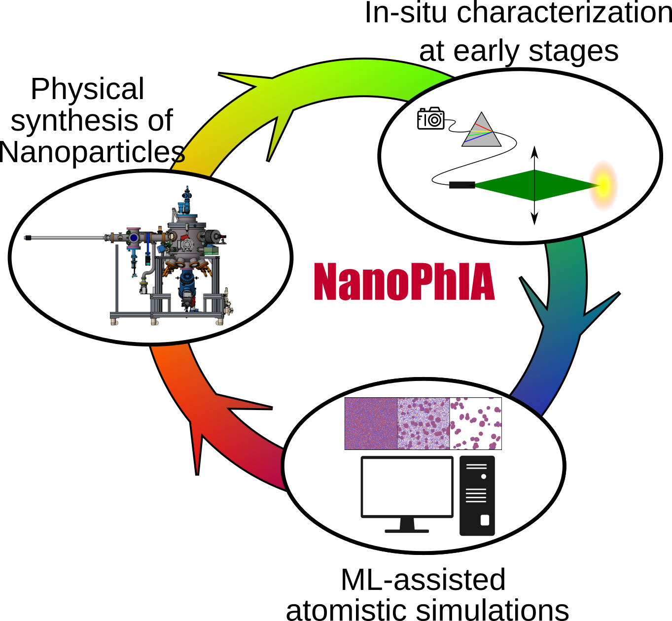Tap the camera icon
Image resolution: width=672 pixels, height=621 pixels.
430,119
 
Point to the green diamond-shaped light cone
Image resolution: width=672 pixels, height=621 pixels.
535,185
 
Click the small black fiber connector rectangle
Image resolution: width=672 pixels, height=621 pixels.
462,185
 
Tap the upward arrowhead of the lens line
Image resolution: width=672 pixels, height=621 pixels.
534,150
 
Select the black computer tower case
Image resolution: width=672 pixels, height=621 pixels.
477,495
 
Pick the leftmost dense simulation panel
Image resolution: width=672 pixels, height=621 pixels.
371,423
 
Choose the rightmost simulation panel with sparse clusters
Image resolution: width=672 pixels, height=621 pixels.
476,423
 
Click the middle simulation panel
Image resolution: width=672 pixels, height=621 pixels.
424,423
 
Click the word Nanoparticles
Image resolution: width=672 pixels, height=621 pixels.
92,152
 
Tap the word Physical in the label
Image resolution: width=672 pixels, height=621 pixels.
87,89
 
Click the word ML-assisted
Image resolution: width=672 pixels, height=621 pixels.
423,580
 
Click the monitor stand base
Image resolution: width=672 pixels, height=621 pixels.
407,530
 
